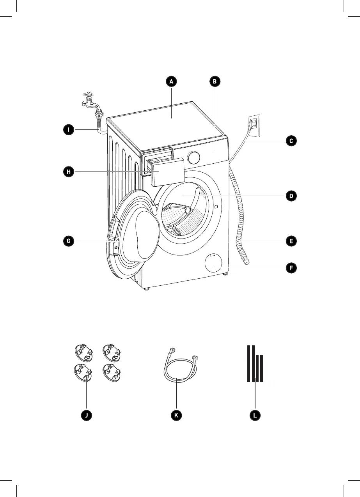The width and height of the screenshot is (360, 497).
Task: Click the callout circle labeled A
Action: [171, 81]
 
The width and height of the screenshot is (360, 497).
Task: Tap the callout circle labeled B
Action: [215, 81]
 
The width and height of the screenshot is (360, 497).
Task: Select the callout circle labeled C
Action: [291, 141]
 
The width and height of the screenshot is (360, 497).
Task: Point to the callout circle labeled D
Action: [291, 196]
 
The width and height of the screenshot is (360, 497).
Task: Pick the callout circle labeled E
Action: [291, 241]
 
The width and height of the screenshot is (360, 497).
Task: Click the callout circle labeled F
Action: [291, 268]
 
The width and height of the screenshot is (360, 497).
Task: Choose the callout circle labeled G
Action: [69, 241]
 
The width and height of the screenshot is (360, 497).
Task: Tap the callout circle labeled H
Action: [69, 172]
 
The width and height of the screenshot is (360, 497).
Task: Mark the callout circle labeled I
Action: [69, 129]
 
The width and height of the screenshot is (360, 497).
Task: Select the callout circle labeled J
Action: [86, 415]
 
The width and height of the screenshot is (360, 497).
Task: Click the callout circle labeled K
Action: [176, 415]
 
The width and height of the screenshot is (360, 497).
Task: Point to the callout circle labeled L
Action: [255, 415]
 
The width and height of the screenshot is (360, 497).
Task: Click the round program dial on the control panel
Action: [194, 158]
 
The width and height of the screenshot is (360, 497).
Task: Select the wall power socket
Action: [254, 126]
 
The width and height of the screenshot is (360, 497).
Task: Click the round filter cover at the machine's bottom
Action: [213, 263]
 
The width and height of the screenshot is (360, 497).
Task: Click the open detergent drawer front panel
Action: [168, 172]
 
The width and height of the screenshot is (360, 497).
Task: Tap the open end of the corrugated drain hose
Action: [247, 262]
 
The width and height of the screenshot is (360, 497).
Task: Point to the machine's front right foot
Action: [226, 274]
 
